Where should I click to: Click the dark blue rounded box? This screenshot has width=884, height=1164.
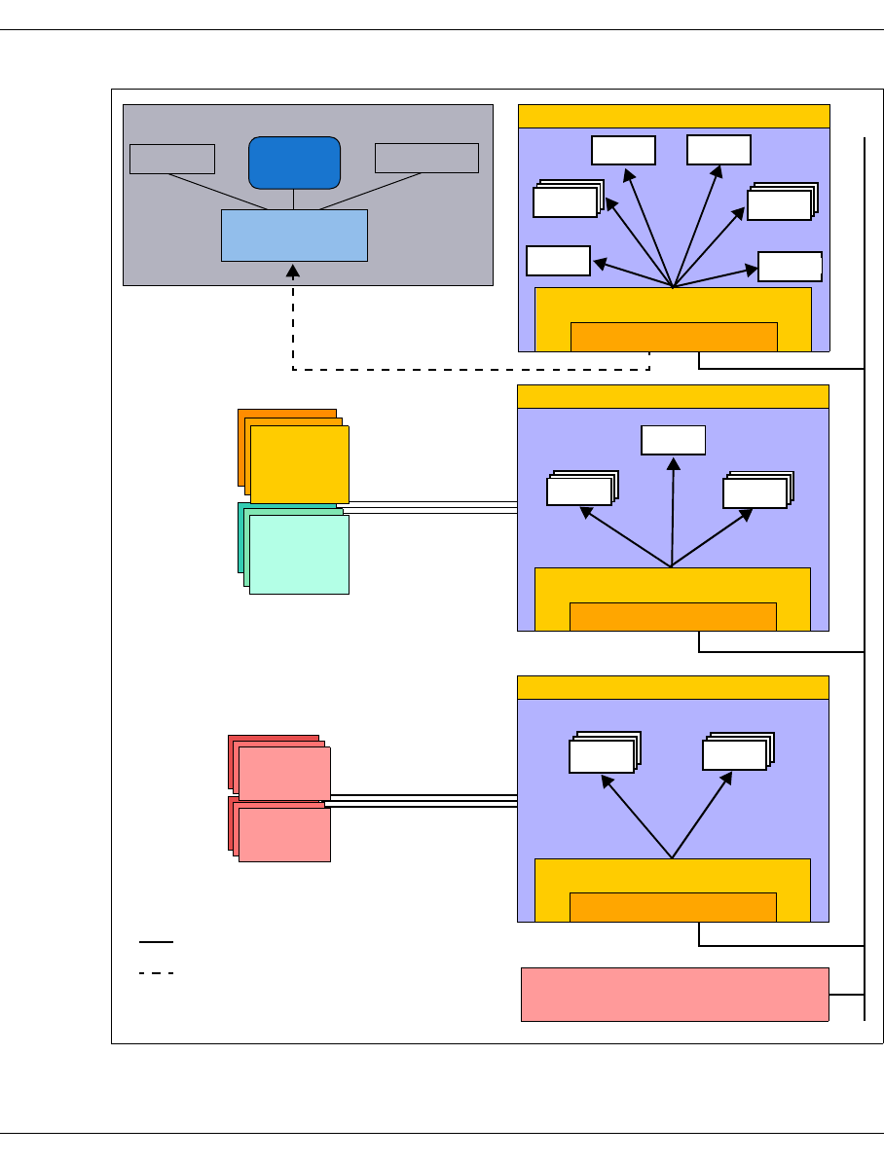tap(294, 163)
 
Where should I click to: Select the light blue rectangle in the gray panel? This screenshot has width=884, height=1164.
tap(294, 235)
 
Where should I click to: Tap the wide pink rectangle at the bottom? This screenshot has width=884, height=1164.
tap(675, 994)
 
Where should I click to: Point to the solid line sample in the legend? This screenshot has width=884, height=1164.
tap(156, 942)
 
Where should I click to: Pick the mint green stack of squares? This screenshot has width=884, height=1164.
tap(298, 553)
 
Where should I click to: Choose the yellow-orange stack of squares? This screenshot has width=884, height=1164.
tap(298, 463)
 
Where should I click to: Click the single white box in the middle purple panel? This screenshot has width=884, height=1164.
tap(673, 440)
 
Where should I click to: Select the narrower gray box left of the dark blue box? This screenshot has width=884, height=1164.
tap(172, 159)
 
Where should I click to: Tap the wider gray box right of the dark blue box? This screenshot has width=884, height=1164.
tap(426, 158)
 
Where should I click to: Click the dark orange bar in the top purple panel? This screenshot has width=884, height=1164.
tap(674, 336)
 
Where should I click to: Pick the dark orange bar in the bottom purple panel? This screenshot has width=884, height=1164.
tap(673, 906)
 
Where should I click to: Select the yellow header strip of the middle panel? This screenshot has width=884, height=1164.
tap(673, 396)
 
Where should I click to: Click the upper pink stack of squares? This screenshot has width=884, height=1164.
tap(283, 771)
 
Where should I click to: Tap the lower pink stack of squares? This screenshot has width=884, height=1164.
tap(283, 834)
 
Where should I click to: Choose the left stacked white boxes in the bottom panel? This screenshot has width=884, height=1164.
tap(601, 755)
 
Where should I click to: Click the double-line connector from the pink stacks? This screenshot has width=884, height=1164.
tap(421, 801)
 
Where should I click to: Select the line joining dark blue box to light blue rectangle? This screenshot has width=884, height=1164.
tap(294, 199)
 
